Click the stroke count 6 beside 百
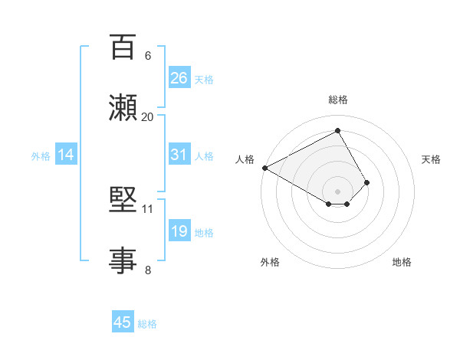tap(148, 56)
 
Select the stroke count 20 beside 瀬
tap(148, 116)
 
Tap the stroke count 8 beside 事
tap(148, 270)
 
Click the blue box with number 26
tap(179, 78)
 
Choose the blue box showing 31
tap(179, 155)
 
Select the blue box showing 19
tap(179, 231)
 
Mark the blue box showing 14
tap(66, 155)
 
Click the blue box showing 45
tap(123, 322)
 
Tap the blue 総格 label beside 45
tap(147, 324)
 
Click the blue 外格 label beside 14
tap(41, 156)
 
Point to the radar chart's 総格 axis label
tap(338, 100)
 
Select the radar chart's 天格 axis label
tap(431, 159)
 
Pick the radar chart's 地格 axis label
tap(402, 262)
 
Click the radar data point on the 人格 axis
tap(264, 167)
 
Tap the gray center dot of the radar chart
tap(338, 191)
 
